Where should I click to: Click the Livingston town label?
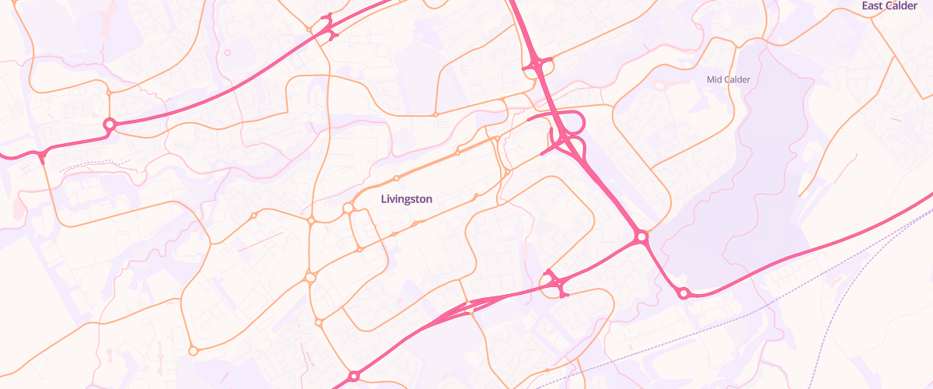pos(406,199)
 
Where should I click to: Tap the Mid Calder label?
pos(727,79)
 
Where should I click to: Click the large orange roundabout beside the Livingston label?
pos(348,208)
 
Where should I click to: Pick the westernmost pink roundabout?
pos(110,123)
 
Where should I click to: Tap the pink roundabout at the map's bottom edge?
pos(354,377)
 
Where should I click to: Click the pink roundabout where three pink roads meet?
pos(641,236)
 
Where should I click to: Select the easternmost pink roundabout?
pos(683,293)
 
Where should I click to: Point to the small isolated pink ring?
pos(227,53)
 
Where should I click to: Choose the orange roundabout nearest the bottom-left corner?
pos(193,350)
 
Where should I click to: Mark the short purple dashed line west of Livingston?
pos(93,164)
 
